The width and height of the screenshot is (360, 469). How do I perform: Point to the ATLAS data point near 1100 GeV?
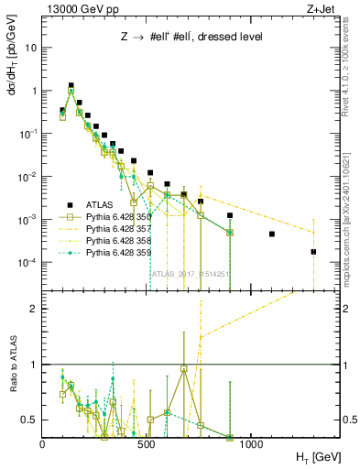tap(272, 234)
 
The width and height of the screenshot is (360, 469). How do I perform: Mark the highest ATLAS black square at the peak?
tap(71, 85)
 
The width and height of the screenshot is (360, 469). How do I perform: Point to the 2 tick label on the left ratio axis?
tap(33, 309)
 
